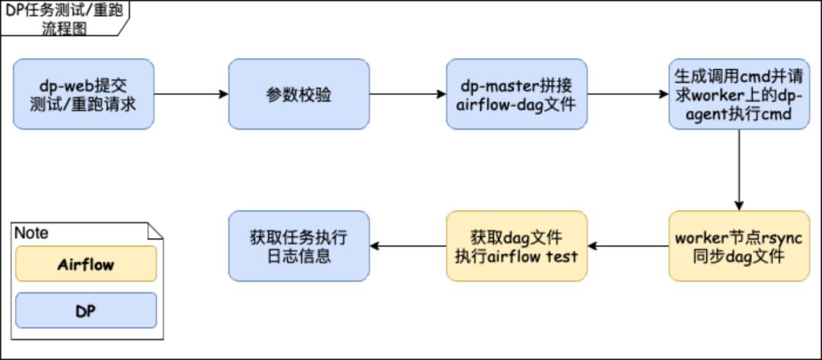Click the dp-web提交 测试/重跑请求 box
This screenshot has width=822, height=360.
[84, 94]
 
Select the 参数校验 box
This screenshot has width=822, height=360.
[299, 94]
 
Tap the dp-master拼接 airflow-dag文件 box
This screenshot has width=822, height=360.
[517, 94]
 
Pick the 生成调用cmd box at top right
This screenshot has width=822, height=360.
[738, 94]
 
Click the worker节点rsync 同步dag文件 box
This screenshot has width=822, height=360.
[738, 246]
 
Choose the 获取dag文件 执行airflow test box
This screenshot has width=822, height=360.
[517, 246]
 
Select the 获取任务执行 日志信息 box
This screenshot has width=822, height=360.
[299, 246]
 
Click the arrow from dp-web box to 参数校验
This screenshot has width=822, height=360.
[191, 94]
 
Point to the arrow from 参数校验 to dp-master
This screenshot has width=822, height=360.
[408, 94]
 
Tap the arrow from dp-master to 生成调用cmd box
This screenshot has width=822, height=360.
[628, 94]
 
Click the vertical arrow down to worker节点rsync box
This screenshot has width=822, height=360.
[738, 169]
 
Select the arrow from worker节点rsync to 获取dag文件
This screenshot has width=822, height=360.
[628, 246]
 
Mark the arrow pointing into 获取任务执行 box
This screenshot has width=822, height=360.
[408, 246]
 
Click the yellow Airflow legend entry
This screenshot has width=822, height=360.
[85, 264]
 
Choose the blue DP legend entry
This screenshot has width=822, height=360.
[85, 311]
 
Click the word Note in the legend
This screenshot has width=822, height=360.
[31, 232]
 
